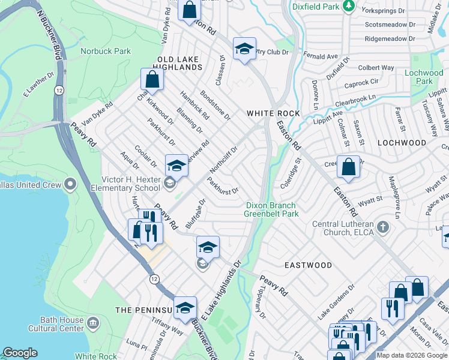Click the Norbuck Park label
pyautogui.click(x=106, y=52)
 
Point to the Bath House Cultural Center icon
pyautogui.click(x=92, y=324)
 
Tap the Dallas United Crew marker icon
pyautogui.click(x=71, y=184)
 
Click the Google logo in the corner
pyautogui.click(x=20, y=353)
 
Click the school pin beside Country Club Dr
pyautogui.click(x=244, y=50)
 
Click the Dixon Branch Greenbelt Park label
pyautogui.click(x=272, y=209)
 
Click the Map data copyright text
pyautogui.click(x=412, y=355)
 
